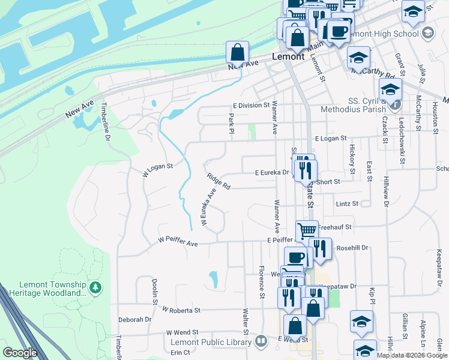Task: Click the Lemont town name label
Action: click(289, 56)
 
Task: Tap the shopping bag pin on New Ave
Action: click(238, 52)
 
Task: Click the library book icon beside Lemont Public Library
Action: click(261, 342)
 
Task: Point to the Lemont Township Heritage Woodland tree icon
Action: click(95, 288)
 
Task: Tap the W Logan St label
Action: click(157, 167)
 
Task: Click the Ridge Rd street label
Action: click(218, 181)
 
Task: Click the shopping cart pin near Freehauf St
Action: click(307, 230)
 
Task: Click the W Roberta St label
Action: click(181, 310)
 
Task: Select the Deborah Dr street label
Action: click(134, 320)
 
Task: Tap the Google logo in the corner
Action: click(20, 353)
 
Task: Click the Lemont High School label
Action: click(394, 34)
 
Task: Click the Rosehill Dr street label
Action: click(352, 247)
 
